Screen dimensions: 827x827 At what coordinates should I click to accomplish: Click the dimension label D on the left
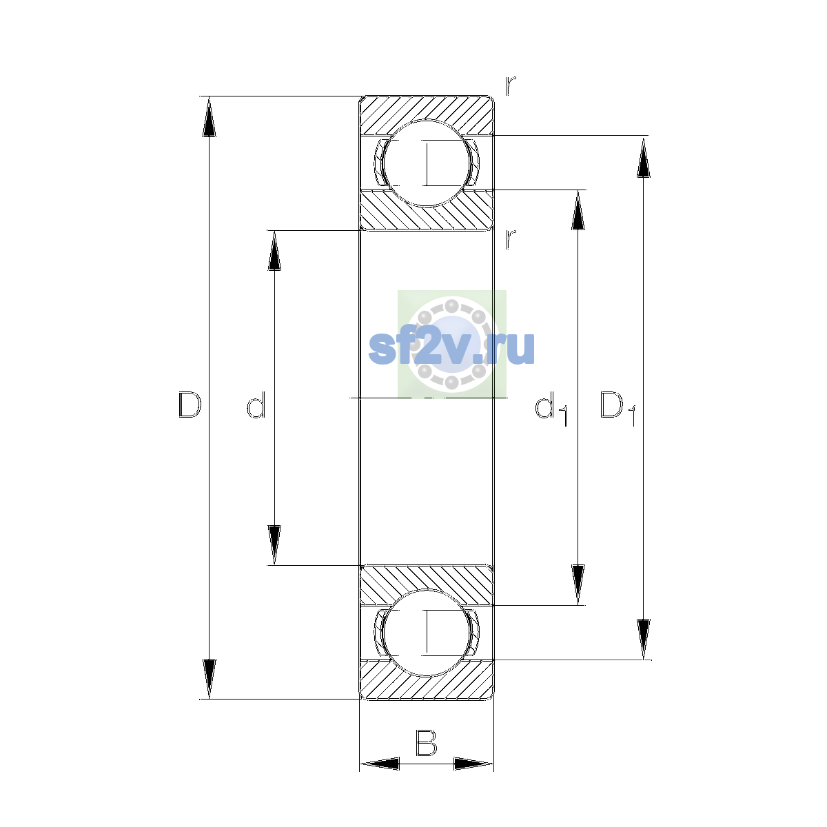(190, 405)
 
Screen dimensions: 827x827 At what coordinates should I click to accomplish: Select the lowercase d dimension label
(256, 405)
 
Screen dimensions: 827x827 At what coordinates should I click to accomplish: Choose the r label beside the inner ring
(510, 239)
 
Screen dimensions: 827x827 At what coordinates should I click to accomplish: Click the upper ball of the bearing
(426, 163)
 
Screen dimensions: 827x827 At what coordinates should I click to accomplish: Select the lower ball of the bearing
(426, 633)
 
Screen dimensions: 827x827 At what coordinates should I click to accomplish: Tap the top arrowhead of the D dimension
(209, 116)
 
